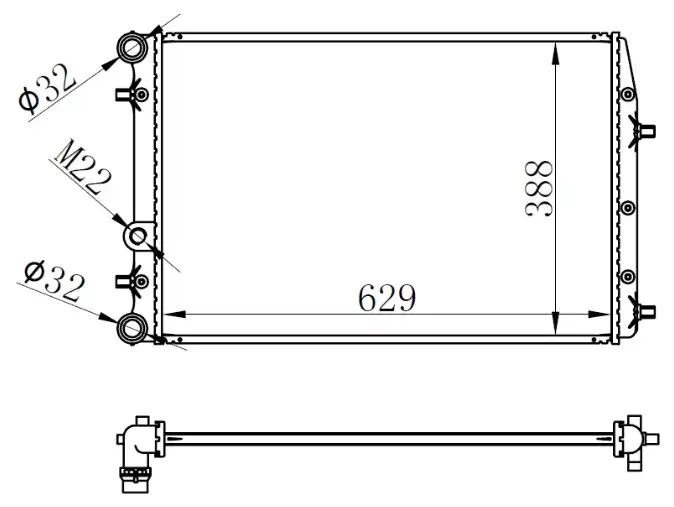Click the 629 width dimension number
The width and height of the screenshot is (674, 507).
tap(387, 297)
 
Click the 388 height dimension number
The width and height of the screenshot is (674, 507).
tap(538, 188)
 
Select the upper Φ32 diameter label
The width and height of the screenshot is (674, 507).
tap(47, 88)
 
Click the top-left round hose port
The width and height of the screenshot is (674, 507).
tap(132, 47)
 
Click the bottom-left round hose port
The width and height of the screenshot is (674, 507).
tap(132, 328)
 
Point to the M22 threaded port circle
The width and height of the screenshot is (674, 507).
tap(138, 236)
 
